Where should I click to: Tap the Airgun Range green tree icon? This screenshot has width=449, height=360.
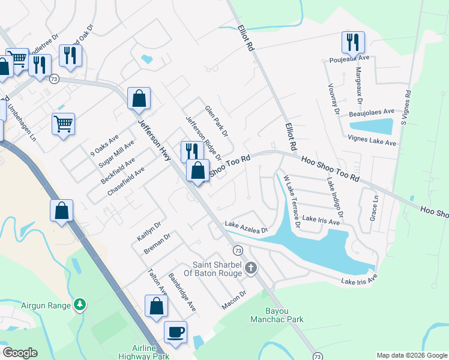click(79, 305)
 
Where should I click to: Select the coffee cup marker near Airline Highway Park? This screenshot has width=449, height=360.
click(175, 332)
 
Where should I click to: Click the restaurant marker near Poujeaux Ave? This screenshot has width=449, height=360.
click(353, 42)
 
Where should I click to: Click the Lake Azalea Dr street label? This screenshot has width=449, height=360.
click(245, 227)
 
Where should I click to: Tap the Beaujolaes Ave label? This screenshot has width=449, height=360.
click(372, 112)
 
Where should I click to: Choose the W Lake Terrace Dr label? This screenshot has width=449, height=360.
click(291, 201)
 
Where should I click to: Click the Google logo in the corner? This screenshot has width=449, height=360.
click(19, 352)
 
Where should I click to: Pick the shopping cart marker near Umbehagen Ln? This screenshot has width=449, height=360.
click(63, 124)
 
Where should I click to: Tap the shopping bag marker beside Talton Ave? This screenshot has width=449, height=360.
click(156, 306)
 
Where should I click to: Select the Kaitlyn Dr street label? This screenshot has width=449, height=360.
click(149, 230)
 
